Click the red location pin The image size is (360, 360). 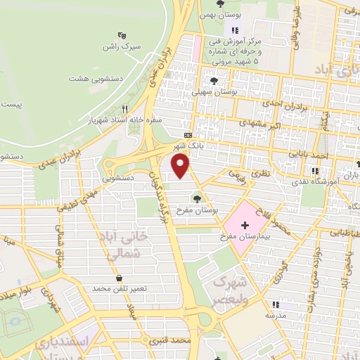coord(181,166)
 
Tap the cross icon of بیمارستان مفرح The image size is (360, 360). coord(245,225)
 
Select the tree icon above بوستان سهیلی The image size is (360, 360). coord(213,81)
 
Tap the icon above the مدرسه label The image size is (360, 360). coord(276,305)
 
